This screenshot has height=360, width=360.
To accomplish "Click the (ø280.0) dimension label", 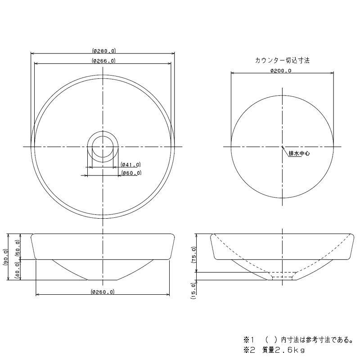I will (103, 51).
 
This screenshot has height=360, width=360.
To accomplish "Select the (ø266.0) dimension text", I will (103, 60).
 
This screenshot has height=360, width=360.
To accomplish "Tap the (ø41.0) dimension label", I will (131, 165).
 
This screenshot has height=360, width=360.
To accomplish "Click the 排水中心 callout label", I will (299, 153).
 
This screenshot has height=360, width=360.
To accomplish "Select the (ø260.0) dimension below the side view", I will (103, 292).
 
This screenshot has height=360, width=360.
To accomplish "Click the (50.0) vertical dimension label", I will (18, 247).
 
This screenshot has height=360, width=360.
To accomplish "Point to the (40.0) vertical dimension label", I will (18, 270).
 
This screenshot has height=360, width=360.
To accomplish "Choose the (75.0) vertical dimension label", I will (194, 254).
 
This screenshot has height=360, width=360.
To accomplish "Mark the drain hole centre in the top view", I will (103, 146).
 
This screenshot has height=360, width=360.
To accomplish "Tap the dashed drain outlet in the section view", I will (283, 278).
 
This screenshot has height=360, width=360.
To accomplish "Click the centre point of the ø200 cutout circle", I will (282, 146).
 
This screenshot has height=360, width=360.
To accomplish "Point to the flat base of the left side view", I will (103, 279).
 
